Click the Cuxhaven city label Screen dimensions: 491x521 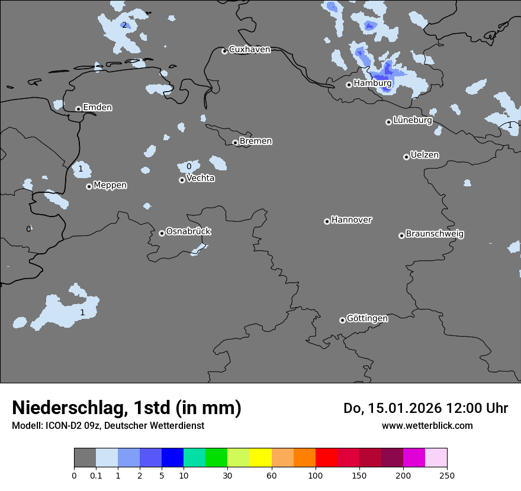coord(249,50)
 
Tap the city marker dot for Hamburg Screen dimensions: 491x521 coord(349,85)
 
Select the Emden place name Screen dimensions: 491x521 coord(97,108)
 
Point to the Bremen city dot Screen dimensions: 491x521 coord(235,143)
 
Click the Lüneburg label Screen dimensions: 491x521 coord(413,120)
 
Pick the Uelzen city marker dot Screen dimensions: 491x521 coord(406,157)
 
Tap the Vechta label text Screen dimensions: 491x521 coord(201,178)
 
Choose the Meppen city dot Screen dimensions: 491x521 coord(89,186)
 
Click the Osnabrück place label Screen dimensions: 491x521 coord(188,231)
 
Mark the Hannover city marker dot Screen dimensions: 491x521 coord(327,221)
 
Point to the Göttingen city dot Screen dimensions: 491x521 coord(342,320)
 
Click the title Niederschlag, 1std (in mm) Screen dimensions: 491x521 coord(127,408)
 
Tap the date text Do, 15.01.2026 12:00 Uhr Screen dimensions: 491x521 coord(426,408)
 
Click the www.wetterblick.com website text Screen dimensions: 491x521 coord(427,425)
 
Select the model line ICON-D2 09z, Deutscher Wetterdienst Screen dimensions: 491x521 coord(108,425)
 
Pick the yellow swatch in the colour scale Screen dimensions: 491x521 coord(260,458)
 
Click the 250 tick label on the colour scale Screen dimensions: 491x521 coord(446,475)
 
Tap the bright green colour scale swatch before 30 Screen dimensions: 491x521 coord(217,458)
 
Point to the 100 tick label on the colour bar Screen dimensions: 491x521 coord(315,475)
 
